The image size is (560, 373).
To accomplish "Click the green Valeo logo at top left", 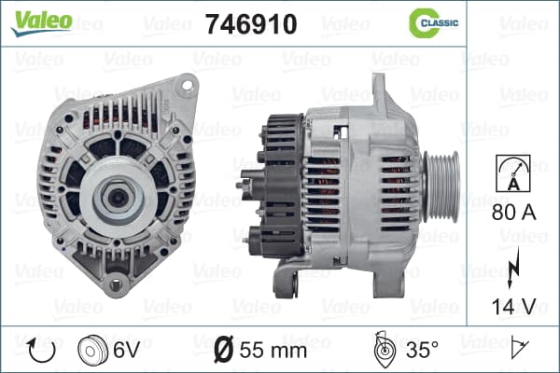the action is click(x=42, y=22).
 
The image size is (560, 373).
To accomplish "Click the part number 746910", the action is click(x=251, y=24).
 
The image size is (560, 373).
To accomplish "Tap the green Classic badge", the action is click(x=434, y=23).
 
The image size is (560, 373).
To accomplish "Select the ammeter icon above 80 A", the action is click(x=513, y=173).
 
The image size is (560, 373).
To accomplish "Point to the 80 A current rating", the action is click(x=514, y=213).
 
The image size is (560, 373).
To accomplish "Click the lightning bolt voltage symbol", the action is click(x=513, y=268).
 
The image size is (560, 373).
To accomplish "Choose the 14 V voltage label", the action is click(x=514, y=306).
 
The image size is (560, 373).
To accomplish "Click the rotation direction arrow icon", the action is click(x=41, y=351).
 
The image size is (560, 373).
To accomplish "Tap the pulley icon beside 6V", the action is click(x=92, y=350).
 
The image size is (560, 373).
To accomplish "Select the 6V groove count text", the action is click(x=126, y=350).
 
